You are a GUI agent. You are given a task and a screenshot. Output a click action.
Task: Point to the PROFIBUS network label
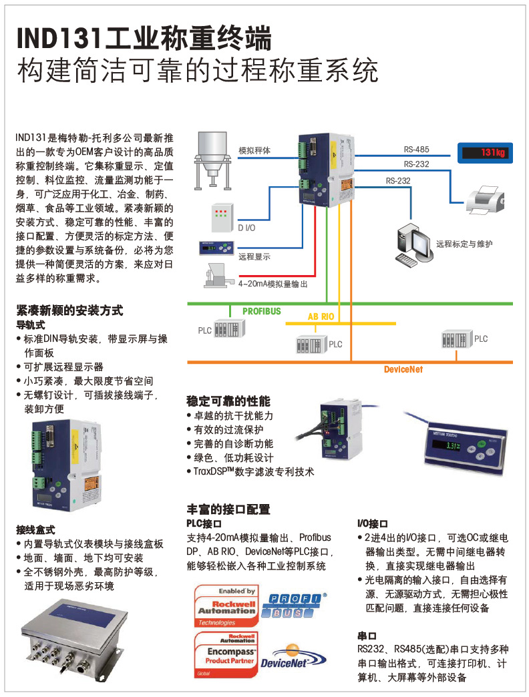(261, 311)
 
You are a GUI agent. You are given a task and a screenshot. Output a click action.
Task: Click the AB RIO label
(321, 317)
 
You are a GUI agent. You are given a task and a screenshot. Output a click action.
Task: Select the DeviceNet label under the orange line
(403, 369)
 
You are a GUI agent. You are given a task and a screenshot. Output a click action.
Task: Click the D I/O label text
(246, 228)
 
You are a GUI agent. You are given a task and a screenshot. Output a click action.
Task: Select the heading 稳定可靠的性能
(228, 401)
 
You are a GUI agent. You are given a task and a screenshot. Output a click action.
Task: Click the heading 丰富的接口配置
(228, 509)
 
